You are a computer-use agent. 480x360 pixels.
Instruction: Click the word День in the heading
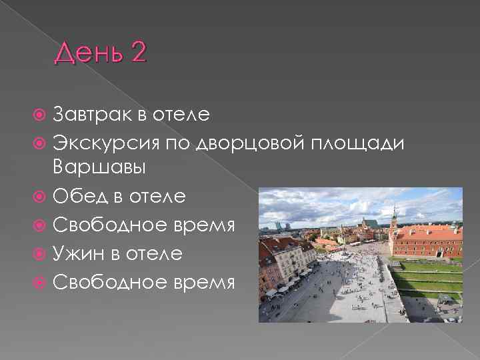pos(86,53)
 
